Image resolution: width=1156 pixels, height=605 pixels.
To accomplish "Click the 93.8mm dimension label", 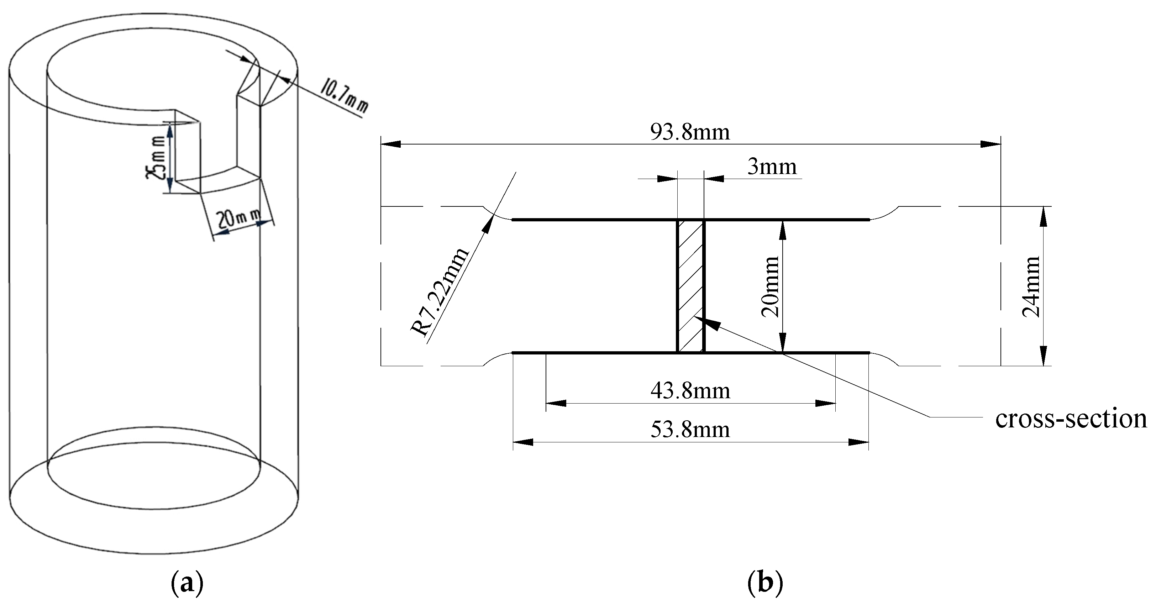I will (690, 132).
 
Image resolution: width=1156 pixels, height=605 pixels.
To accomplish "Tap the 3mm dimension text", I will (772, 167).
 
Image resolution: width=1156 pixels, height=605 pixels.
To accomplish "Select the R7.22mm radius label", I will (440, 292).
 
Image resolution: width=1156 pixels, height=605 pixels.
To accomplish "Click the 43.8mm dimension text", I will (690, 391).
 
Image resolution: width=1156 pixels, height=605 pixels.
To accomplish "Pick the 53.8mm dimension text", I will (690, 430).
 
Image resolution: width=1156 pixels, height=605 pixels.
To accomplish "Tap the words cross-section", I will (1071, 418).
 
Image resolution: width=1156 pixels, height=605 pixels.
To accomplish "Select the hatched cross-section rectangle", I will (690, 286).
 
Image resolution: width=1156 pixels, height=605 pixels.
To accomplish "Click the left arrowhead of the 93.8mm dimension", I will (390, 144).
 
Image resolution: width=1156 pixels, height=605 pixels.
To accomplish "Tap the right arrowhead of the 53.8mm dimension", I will (860, 442).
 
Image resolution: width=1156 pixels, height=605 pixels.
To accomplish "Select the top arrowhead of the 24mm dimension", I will (1044, 215).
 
